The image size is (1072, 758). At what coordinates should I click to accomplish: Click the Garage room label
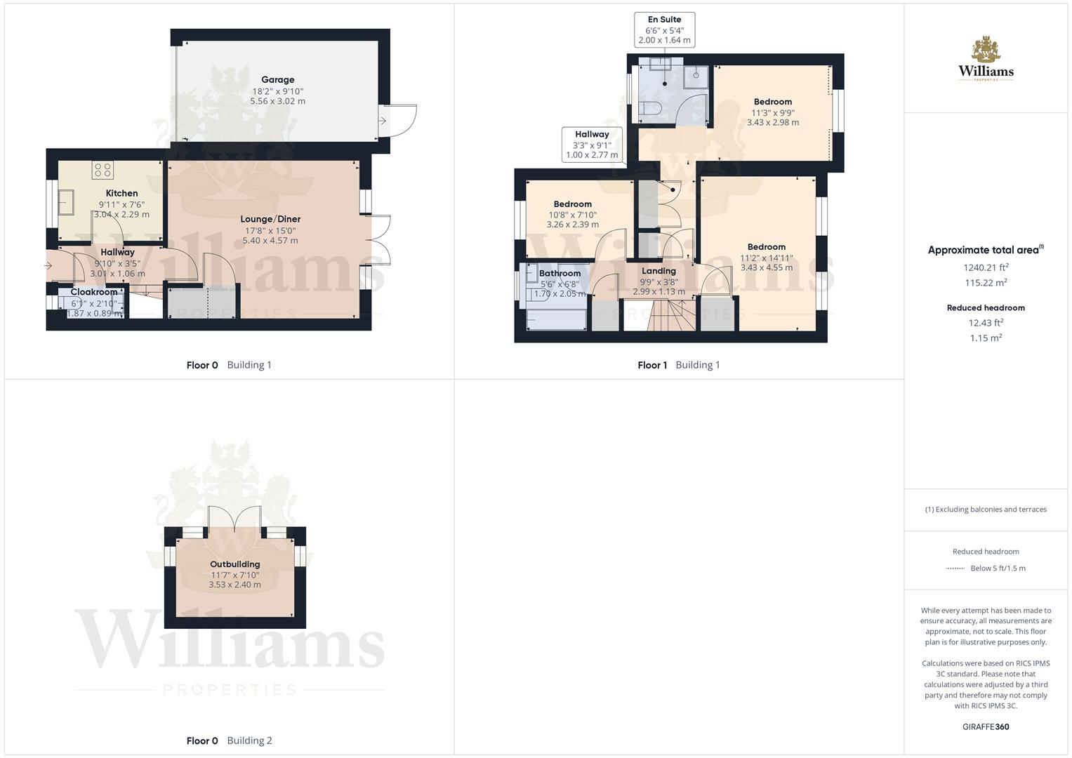(x=277, y=80)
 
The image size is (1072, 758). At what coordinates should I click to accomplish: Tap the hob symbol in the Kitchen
(x=102, y=170)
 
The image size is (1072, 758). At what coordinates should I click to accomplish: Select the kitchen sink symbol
(x=67, y=203)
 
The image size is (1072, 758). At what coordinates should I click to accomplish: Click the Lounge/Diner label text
(x=270, y=220)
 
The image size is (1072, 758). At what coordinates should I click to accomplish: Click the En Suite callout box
(x=664, y=29)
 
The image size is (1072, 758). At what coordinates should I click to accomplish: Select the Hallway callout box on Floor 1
(x=592, y=145)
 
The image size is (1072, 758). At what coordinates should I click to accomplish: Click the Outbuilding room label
(x=234, y=564)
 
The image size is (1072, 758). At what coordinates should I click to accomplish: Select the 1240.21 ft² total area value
(x=986, y=267)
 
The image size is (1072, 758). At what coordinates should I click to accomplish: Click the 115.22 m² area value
(x=986, y=283)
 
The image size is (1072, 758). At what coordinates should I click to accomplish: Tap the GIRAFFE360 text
(x=986, y=727)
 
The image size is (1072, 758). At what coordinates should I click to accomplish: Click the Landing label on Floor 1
(x=659, y=271)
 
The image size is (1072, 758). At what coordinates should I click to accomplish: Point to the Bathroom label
(x=560, y=274)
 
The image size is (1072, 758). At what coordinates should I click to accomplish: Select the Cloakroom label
(x=94, y=292)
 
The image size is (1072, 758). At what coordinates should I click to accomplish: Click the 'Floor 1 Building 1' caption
(x=678, y=365)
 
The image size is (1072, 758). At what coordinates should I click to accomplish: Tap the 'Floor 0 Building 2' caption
(x=229, y=740)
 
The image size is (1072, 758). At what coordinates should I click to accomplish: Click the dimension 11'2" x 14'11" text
(x=766, y=258)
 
